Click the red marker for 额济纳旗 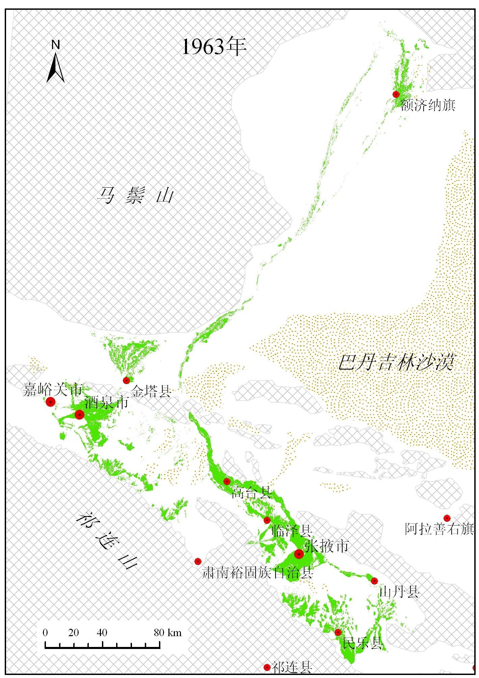pos(396,94)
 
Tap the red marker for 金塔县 pos(126,380)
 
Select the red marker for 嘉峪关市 pos(51,402)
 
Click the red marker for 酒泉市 pos(79,414)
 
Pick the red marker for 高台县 pos(227,481)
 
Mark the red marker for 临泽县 pos(267,520)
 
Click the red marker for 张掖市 pos(299,554)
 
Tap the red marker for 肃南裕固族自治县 pos(198,561)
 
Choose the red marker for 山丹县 pos(374,581)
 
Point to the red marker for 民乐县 pos(338,632)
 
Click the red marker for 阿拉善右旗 pos(447,518)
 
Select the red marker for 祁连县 pos(267,667)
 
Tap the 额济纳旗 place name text pos(428,105)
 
